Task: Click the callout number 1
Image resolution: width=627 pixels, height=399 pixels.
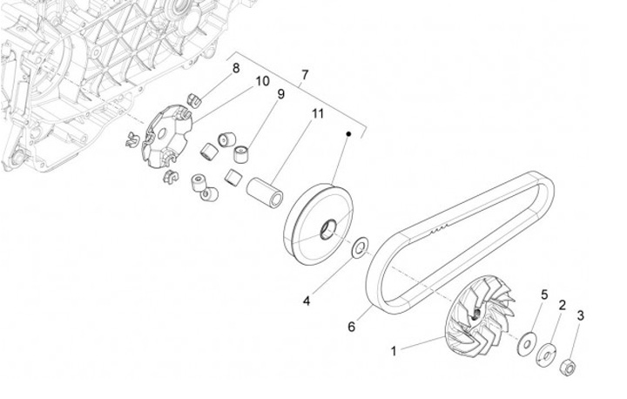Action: (393, 351)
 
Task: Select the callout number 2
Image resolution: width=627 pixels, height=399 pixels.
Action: (562, 305)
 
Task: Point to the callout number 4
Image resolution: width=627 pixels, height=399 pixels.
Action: (307, 301)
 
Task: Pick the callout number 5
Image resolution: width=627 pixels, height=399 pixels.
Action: (544, 294)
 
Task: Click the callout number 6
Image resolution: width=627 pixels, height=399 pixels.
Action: (352, 327)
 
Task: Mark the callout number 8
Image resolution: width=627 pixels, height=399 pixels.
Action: (235, 68)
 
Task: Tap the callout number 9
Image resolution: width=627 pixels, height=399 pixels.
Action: (257, 94)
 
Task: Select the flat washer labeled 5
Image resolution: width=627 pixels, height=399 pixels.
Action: (527, 342)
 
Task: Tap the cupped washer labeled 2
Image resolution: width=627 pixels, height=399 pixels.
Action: (547, 354)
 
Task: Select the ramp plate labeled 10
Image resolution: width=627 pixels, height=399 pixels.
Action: (166, 135)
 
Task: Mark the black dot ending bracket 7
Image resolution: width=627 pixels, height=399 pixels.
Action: (349, 134)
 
